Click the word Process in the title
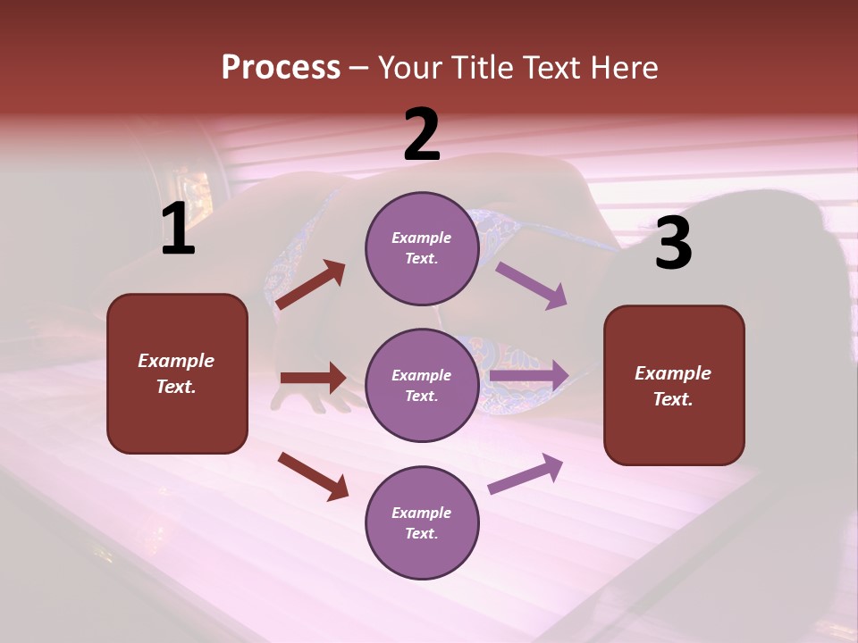click(281, 67)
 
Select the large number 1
click(178, 230)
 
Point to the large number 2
click(422, 135)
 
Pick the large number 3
click(673, 244)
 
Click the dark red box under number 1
click(177, 373)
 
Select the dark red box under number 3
click(674, 386)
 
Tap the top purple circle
click(422, 248)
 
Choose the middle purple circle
click(422, 385)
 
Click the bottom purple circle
click(422, 522)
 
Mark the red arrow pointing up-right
click(311, 285)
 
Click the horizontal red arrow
click(313, 378)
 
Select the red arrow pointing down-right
click(313, 476)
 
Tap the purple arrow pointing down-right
click(532, 285)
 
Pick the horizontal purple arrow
click(529, 376)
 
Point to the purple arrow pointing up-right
click(526, 473)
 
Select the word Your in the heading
click(410, 67)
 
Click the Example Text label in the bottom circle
click(422, 522)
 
